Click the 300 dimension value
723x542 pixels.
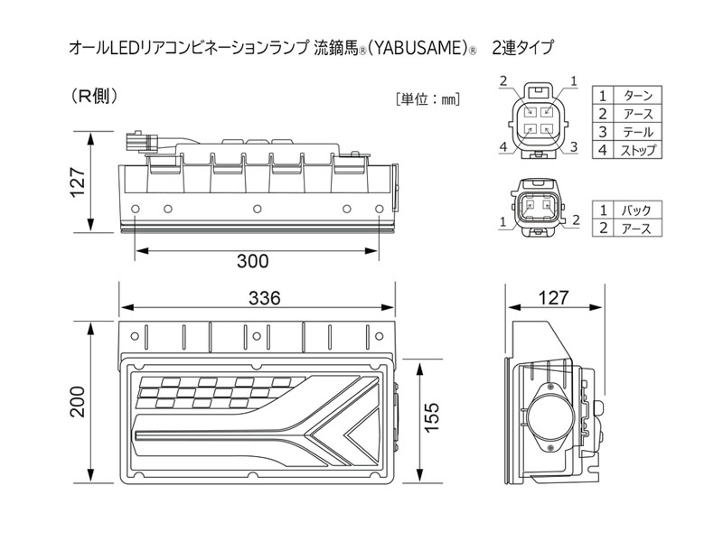coord(252,263)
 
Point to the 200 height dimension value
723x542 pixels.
coord(80,407)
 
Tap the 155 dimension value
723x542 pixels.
coord(433,417)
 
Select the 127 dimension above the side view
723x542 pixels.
coord(553,297)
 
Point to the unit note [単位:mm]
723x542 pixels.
coord(427,99)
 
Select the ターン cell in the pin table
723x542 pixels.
coord(638,96)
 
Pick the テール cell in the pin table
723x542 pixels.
coord(638,132)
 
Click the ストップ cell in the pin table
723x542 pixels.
coord(638,150)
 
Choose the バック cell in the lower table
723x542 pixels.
coord(638,210)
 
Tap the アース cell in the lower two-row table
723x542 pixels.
coord(638,229)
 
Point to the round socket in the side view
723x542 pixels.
coord(551,417)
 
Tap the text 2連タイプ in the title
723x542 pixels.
coord(521,46)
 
